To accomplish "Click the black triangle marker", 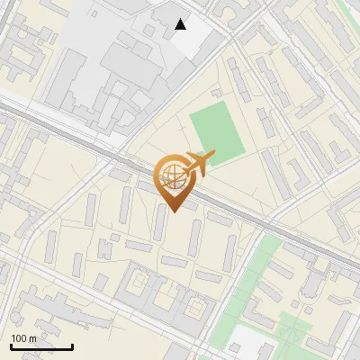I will pyautogui.click(x=181, y=24).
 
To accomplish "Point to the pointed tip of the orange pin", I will pyautogui.click(x=174, y=212).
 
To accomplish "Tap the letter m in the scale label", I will pyautogui.click(x=32, y=338).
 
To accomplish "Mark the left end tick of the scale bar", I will pyautogui.click(x=11, y=346).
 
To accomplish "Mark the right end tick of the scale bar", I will pyautogui.click(x=72, y=346).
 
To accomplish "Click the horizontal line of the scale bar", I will pyautogui.click(x=41, y=347).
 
